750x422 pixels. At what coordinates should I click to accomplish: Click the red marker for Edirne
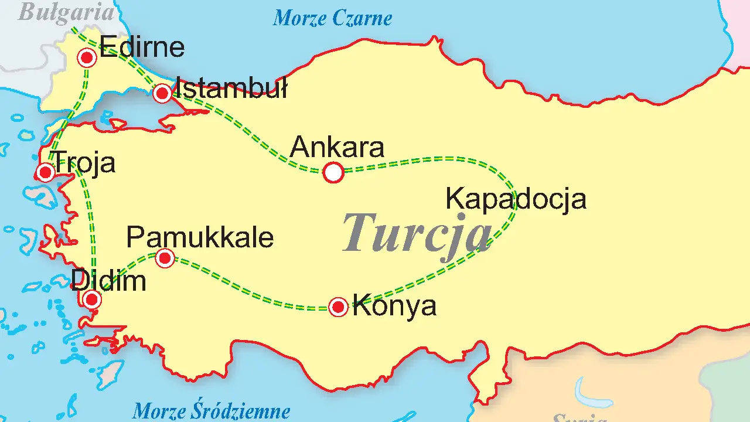87,57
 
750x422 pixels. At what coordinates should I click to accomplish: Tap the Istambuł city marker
162,93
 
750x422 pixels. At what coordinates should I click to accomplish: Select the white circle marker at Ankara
333,172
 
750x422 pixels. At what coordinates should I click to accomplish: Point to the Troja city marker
45,172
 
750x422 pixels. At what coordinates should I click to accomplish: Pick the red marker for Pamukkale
165,258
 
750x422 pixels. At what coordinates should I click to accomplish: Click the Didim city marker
92,300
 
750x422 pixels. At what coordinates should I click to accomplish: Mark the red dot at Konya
338,307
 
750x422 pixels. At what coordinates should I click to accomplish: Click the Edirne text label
142,47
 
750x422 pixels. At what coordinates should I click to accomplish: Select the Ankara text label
337,147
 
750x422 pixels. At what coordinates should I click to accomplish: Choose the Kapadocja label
516,199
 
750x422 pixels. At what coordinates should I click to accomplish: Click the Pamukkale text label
200,238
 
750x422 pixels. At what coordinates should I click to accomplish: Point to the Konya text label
394,307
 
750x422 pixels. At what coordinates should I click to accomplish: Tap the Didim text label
108,282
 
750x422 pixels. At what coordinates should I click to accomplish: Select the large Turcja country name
417,232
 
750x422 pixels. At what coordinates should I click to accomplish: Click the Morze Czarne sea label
332,19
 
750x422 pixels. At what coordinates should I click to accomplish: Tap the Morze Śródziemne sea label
212,411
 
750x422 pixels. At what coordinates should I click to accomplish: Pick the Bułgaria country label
66,12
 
